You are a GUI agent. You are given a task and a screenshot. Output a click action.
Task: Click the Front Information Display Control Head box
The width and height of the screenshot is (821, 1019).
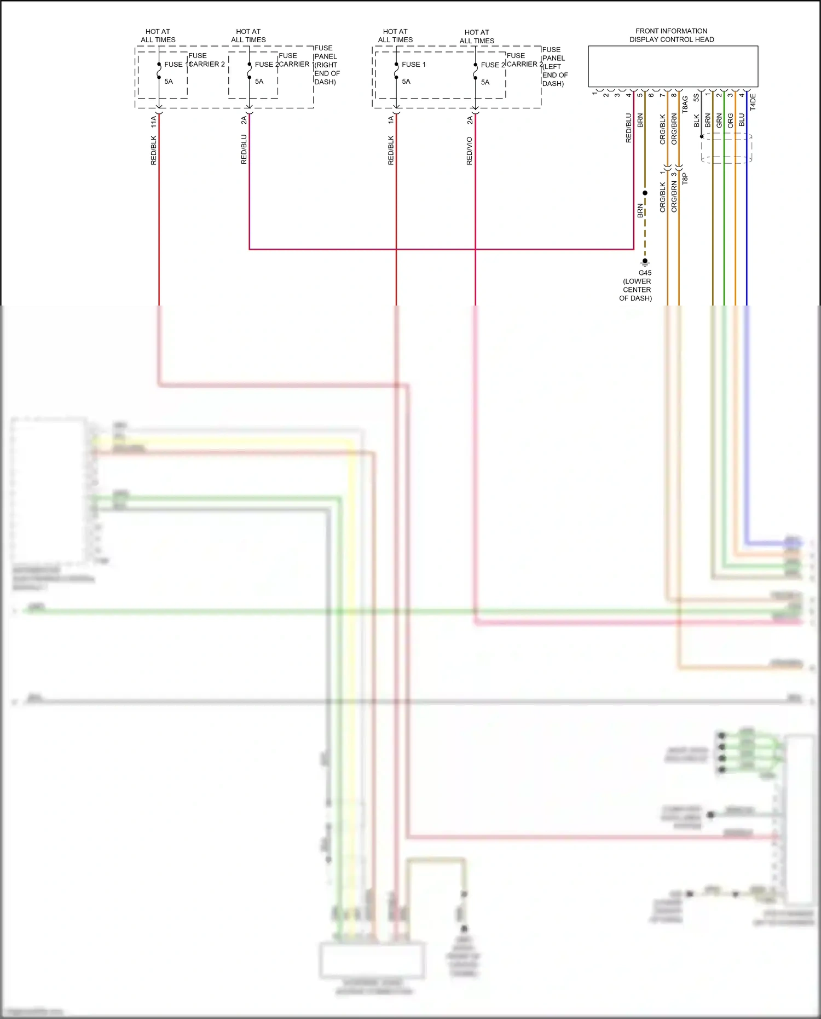tap(673, 66)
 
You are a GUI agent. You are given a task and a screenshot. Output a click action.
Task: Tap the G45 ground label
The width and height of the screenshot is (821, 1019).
tap(645, 273)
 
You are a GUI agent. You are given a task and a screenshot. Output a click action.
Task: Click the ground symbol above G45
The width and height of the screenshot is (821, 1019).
tap(645, 262)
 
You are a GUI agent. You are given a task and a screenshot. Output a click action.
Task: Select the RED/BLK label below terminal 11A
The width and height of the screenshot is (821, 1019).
tap(154, 151)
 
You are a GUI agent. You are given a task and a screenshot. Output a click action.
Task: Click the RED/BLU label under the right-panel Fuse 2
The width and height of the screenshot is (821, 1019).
tap(244, 149)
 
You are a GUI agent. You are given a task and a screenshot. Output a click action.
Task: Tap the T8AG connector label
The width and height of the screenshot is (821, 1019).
tap(685, 105)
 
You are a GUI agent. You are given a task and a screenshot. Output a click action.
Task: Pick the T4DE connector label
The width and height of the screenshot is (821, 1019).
tap(753, 102)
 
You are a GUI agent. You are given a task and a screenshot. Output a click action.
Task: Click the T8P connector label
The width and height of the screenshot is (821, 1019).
tap(685, 179)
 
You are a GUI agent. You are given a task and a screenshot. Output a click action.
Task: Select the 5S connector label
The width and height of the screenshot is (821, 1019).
tap(697, 97)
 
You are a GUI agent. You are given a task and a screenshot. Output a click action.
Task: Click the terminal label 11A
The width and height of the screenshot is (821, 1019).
tap(154, 122)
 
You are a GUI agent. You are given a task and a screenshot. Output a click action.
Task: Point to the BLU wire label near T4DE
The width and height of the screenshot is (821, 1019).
tap(742, 119)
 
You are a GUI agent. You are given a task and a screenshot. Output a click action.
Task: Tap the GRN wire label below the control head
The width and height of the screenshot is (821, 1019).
tap(719, 120)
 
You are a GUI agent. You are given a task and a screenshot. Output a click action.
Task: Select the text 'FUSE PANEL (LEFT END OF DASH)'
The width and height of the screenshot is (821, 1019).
tap(554, 66)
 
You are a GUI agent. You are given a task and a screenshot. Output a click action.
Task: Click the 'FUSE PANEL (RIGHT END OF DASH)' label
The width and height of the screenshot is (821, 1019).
tap(326, 65)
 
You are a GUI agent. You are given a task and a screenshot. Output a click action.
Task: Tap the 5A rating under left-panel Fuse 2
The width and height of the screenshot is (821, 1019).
tap(485, 82)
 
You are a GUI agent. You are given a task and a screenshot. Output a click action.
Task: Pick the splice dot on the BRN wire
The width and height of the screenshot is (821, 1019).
tap(645, 193)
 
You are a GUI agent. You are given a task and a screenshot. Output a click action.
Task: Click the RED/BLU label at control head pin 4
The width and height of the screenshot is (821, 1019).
tap(629, 128)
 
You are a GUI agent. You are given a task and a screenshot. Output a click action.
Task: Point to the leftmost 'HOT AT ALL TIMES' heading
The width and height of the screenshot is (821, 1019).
tap(158, 36)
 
